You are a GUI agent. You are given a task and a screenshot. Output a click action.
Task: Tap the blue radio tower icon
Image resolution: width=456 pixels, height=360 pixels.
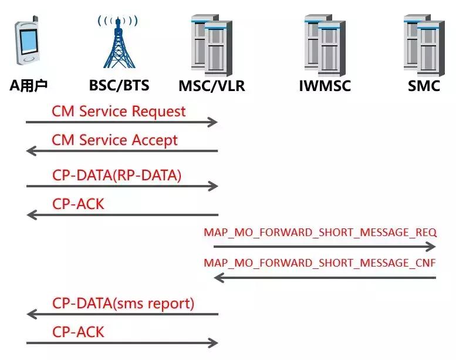click(x=119, y=42)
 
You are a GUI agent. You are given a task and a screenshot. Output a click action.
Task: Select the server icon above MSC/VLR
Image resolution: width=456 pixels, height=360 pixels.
click(x=212, y=45)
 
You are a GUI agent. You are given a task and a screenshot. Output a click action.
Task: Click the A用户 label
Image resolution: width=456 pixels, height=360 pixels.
click(x=29, y=86)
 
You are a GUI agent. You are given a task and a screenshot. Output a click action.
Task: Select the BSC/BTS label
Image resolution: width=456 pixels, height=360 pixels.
click(x=119, y=86)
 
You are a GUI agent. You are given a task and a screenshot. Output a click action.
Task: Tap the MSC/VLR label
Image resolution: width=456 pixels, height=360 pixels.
click(x=212, y=86)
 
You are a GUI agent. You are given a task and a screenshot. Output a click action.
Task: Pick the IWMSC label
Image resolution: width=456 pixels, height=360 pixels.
click(x=325, y=86)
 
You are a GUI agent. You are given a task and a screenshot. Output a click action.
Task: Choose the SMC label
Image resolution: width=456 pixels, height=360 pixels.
click(x=424, y=86)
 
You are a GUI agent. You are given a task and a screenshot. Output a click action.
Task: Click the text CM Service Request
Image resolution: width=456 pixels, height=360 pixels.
click(x=119, y=111)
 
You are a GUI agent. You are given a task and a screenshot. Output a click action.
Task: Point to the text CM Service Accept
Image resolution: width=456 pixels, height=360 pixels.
click(x=114, y=140)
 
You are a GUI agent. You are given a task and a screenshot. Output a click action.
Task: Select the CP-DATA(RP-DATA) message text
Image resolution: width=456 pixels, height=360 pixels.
click(x=117, y=174)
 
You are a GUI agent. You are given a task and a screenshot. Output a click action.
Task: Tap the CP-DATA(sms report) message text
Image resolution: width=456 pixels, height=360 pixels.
click(x=123, y=303)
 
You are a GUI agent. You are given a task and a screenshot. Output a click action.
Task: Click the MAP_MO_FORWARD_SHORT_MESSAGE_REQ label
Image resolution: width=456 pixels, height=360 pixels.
click(x=320, y=232)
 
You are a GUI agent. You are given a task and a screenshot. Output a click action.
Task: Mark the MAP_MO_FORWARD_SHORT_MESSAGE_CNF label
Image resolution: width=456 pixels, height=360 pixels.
click(x=320, y=263)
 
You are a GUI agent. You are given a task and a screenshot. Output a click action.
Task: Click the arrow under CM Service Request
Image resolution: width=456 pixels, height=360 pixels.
click(x=121, y=122)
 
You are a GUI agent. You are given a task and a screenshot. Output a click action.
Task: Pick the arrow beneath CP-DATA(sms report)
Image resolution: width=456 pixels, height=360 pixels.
click(x=121, y=315)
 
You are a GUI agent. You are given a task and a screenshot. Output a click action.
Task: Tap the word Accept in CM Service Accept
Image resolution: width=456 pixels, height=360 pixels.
click(x=153, y=140)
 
